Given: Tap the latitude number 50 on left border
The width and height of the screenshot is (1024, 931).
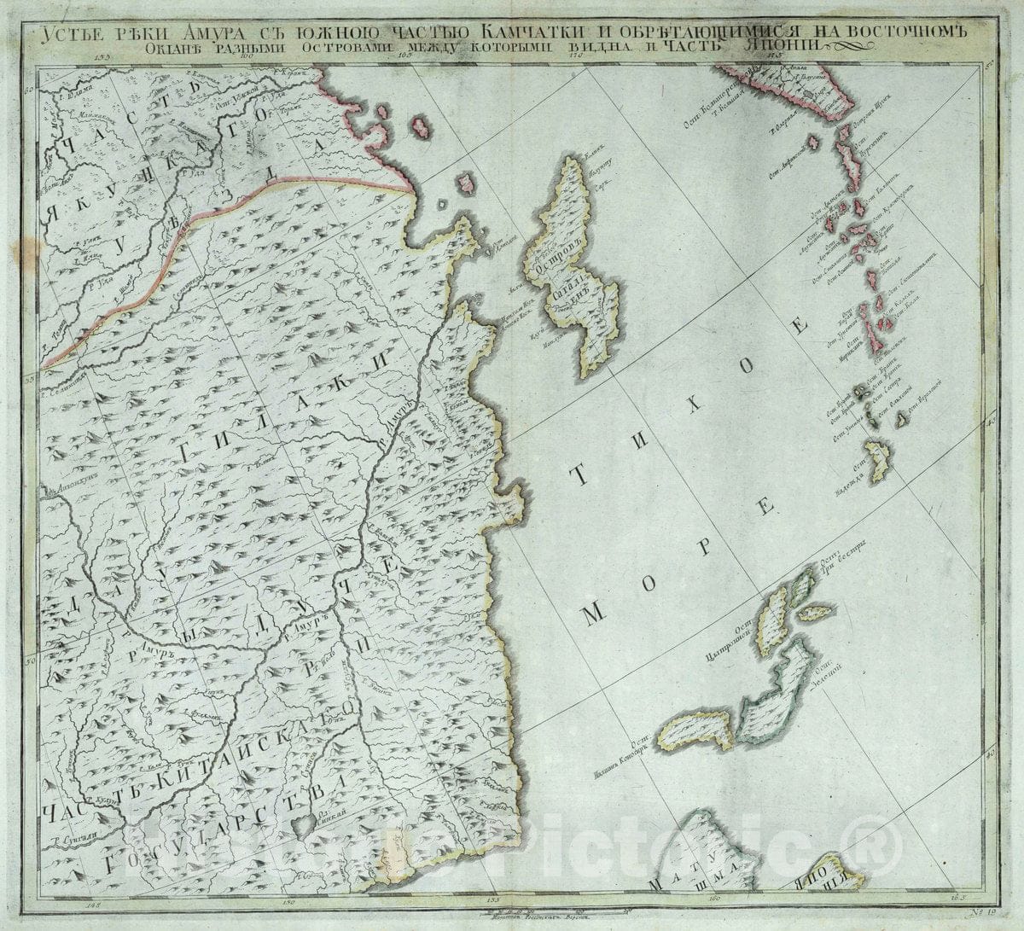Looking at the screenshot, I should [x=28, y=660].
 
